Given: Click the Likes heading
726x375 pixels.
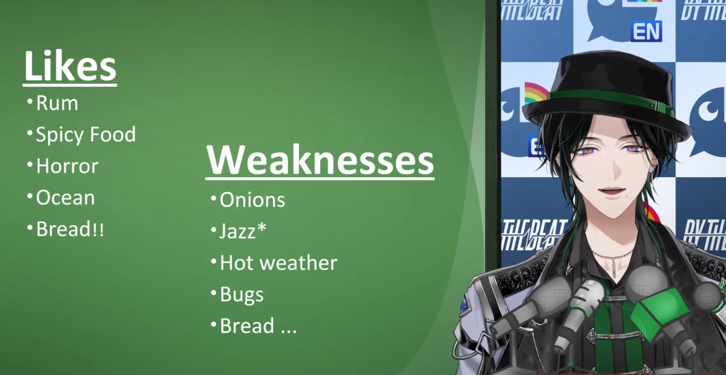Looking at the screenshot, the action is [x=70, y=66].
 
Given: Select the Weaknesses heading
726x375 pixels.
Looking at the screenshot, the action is [x=320, y=160].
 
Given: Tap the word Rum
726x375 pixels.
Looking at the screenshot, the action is [x=57, y=104].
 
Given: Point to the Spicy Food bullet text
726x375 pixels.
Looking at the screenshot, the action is [x=86, y=135].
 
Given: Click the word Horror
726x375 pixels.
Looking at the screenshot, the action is [x=67, y=166].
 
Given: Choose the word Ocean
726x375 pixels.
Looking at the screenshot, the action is [x=65, y=197].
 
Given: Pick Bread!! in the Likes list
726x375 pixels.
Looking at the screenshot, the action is [x=70, y=229].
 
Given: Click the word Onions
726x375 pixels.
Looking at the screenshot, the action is [x=252, y=200].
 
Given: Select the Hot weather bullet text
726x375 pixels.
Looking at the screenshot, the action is [x=278, y=263].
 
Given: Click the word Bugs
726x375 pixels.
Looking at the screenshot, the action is [x=241, y=295].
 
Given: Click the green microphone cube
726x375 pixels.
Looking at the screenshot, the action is [x=658, y=313].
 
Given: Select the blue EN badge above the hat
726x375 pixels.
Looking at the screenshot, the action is [x=646, y=32].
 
